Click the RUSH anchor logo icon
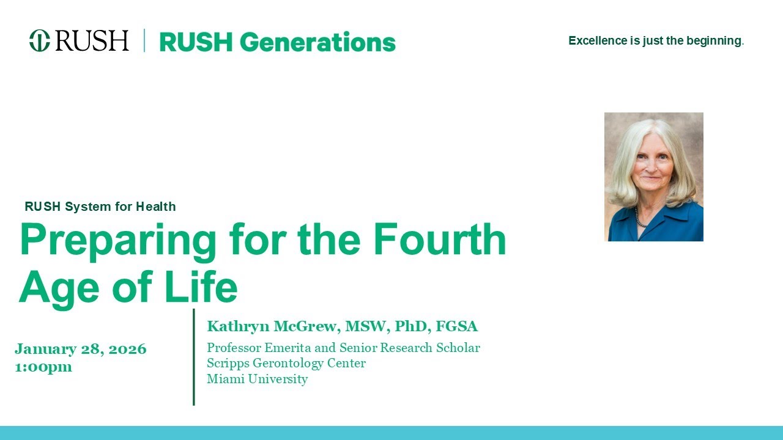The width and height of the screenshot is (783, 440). click(39, 41)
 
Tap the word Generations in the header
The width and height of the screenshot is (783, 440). click(317, 42)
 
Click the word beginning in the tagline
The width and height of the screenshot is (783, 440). click(715, 41)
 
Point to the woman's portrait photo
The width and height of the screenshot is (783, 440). click(653, 177)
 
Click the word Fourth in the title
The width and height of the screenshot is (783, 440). click(439, 240)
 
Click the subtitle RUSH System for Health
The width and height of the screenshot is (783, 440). click(100, 207)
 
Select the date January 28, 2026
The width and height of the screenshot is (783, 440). click(81, 349)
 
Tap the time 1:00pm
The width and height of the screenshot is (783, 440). click(43, 367)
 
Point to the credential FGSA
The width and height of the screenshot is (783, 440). click(456, 326)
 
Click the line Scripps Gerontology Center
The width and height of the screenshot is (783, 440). click(286, 363)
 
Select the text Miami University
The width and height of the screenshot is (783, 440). click(257, 379)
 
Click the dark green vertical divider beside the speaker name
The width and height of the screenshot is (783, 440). click(194, 357)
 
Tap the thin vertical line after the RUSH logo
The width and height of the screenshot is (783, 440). click(144, 40)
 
